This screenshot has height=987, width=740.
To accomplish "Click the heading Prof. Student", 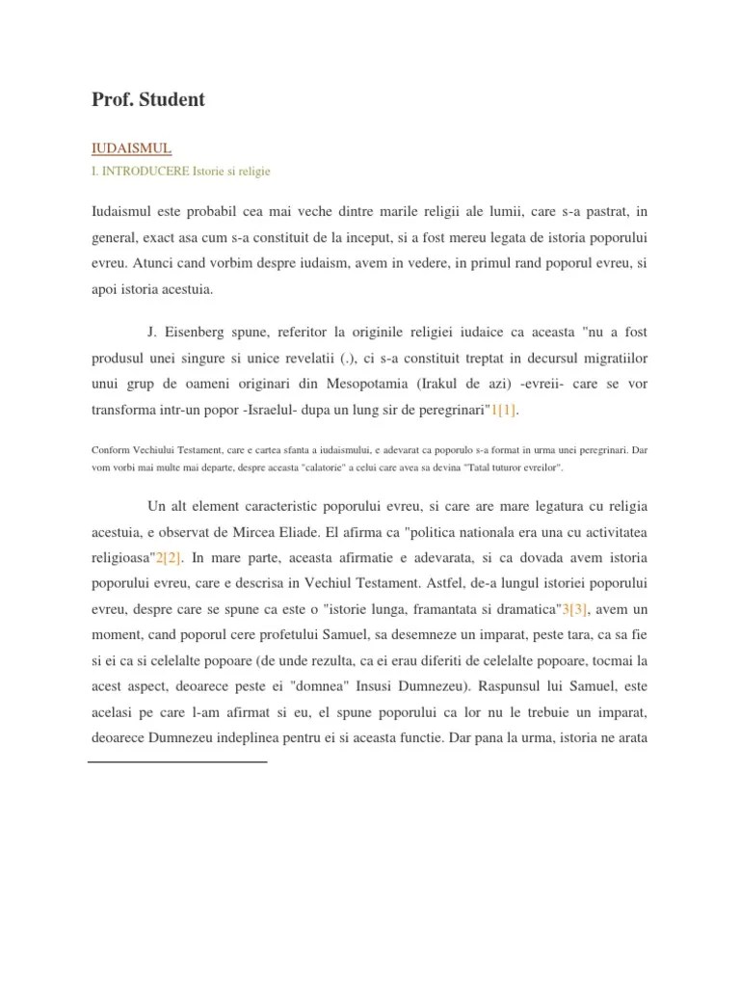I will pyautogui.click(x=147, y=99).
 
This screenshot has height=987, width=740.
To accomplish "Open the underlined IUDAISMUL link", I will pyautogui.click(x=131, y=148).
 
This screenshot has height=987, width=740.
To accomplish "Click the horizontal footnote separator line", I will pyautogui.click(x=177, y=762).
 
